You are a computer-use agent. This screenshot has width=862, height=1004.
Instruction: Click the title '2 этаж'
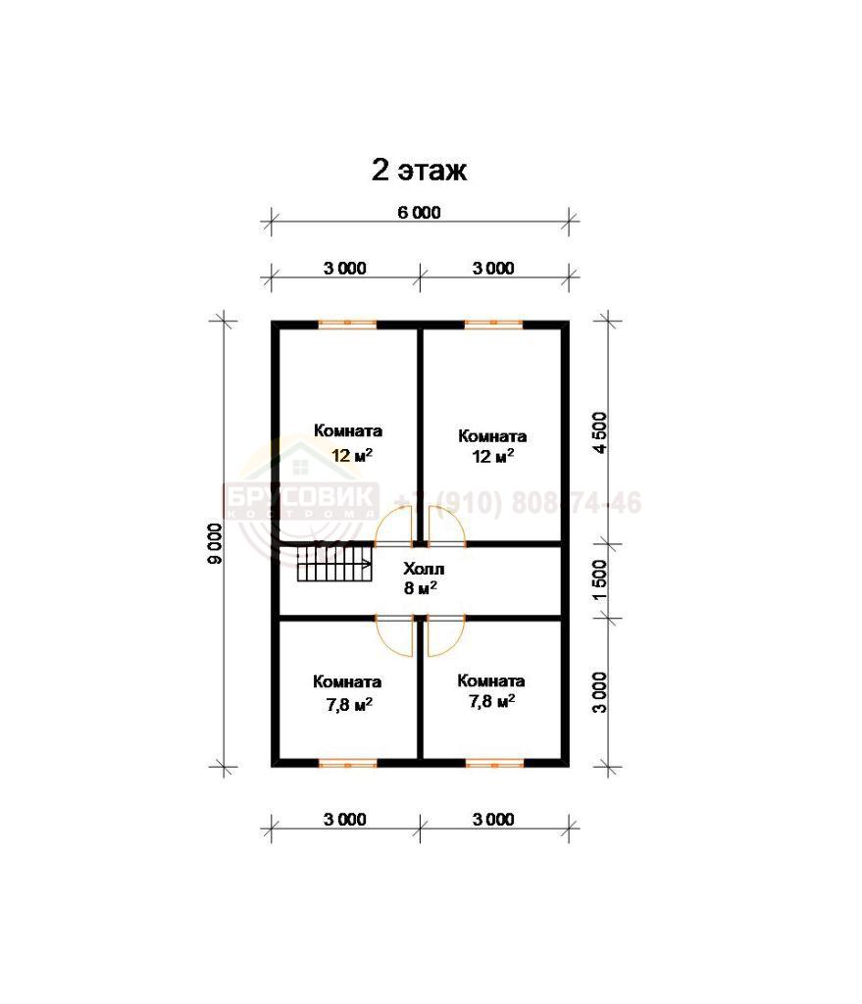[419, 171]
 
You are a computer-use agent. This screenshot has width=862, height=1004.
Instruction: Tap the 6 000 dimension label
[419, 213]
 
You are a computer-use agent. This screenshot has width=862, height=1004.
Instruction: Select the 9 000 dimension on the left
[215, 543]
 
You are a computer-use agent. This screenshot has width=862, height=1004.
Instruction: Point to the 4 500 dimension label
[599, 432]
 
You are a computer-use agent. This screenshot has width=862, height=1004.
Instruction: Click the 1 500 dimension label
[599, 580]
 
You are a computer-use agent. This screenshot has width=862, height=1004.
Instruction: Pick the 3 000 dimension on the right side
[599, 692]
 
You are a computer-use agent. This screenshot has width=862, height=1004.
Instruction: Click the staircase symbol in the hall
[334, 562]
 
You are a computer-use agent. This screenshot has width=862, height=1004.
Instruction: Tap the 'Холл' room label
[424, 569]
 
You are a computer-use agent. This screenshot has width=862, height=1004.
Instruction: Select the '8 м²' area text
[421, 587]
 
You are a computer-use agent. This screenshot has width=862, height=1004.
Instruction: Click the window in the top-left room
[347, 324]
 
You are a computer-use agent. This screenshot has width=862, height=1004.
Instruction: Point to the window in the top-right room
[493, 324]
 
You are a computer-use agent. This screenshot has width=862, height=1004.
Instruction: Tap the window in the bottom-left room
[347, 763]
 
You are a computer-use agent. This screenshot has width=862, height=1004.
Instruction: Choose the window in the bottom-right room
[493, 763]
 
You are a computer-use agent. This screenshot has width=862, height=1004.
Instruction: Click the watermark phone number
[518, 503]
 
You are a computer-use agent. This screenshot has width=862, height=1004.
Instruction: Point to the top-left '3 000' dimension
[344, 269]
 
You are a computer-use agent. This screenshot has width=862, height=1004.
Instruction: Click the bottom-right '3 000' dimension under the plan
[493, 819]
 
